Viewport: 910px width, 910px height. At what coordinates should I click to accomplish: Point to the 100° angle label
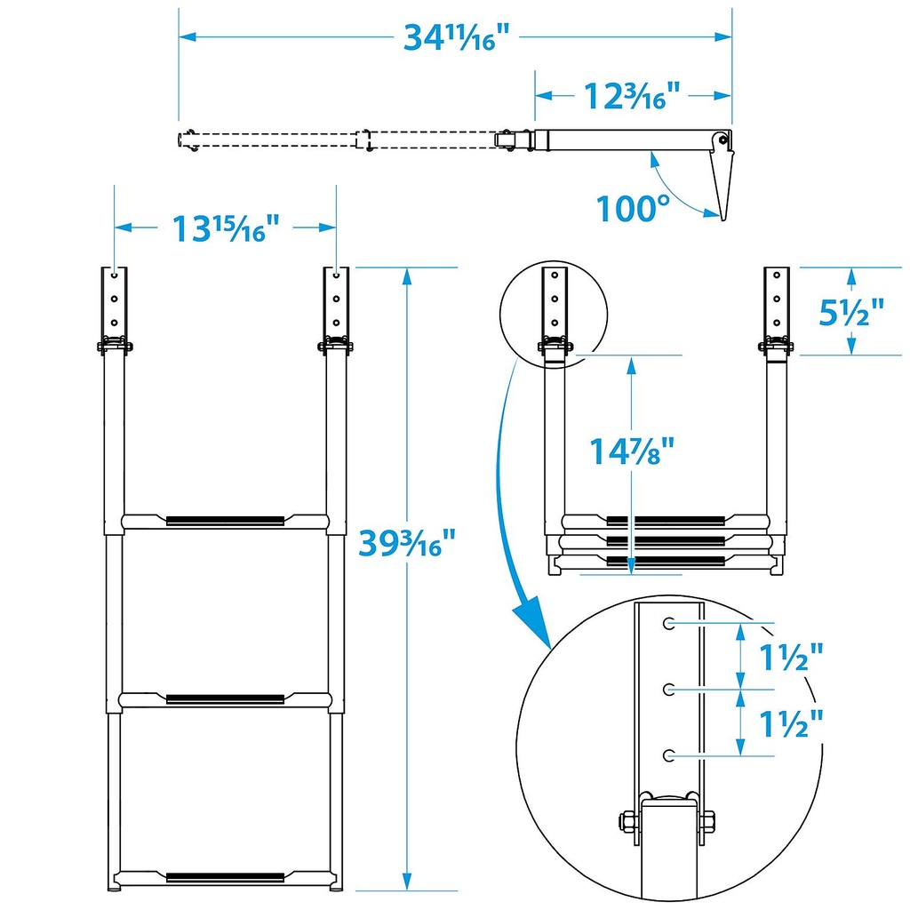tap(632, 210)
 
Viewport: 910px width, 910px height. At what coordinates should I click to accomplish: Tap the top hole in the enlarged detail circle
tap(668, 624)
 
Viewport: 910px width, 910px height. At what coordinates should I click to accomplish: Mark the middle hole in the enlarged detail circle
tap(668, 689)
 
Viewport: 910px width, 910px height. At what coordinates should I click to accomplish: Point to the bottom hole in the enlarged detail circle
tap(668, 754)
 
